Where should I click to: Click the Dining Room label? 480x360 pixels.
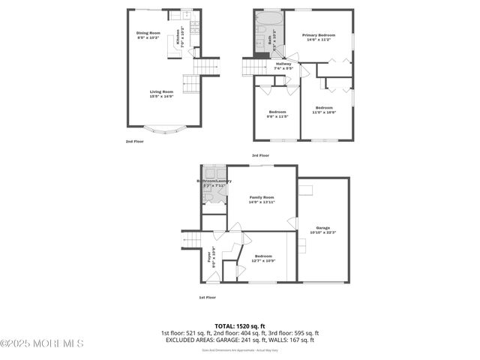(x=148, y=35)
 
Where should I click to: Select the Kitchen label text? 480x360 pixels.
(x=178, y=37)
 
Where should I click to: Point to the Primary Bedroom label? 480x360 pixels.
(x=319, y=37)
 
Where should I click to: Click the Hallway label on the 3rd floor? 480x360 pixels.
(x=283, y=66)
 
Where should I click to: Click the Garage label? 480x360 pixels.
(x=322, y=229)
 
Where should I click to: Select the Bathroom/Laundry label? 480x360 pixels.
(x=214, y=182)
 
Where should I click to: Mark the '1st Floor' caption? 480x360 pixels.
(x=208, y=298)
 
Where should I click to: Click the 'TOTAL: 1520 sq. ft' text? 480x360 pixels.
(x=239, y=326)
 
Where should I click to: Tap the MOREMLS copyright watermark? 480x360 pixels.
(x=42, y=343)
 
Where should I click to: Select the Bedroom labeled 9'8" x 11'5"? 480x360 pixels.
(x=278, y=114)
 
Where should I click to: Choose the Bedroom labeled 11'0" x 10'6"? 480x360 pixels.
(x=325, y=110)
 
